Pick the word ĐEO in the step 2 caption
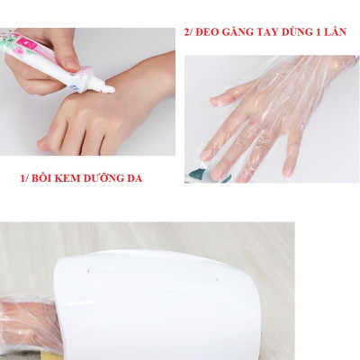204,31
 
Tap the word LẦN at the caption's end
340,31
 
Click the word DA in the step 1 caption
137,178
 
